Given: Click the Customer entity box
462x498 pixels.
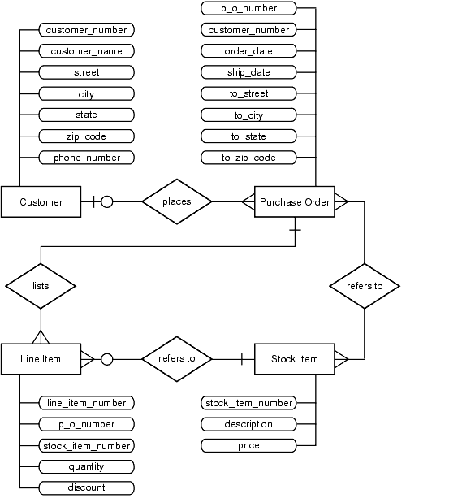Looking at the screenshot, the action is coord(41,201).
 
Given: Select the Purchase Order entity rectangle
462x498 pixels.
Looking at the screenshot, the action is coord(295,201).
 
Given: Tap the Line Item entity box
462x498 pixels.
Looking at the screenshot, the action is coord(41,359).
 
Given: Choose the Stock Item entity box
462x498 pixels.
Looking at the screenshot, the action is coord(295,359).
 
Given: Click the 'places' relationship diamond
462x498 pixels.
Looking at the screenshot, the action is coord(177,201).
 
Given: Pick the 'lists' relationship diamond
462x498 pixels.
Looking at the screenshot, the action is coord(41,286).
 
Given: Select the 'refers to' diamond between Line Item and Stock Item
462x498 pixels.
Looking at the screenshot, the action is coord(177,359).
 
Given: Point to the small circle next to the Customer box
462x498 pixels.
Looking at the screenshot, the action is coord(107,201).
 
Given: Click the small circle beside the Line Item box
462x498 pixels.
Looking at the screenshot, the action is coord(107,359).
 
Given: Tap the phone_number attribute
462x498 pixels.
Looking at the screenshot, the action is coord(87,158).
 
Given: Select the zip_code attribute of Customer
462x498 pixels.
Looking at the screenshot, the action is coord(87,136).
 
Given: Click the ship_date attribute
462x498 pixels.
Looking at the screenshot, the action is coord(248,72).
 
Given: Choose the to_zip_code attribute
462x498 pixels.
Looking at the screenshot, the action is coord(248,158).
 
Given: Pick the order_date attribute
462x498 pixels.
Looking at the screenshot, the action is coord(248,51).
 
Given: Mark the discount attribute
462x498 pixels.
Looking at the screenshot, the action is coord(87,487).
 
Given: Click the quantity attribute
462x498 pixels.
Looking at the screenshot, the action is coord(87,466).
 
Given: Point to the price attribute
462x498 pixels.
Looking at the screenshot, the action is coord(248,445).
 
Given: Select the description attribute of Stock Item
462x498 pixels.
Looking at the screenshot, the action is coord(248,424).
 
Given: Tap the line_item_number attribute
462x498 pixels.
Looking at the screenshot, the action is coord(87,403).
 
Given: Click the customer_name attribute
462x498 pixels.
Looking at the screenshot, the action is coord(87,51).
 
